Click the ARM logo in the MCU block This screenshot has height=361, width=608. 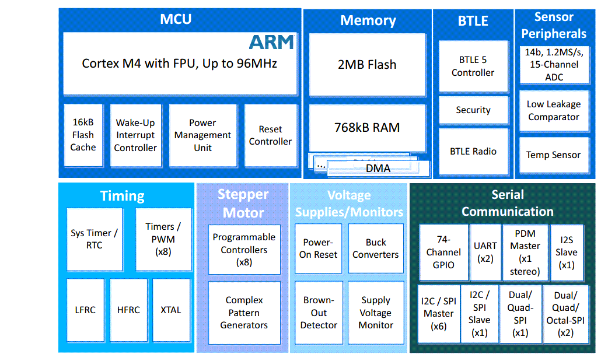(x=271, y=41)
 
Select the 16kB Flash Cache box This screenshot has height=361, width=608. (x=83, y=135)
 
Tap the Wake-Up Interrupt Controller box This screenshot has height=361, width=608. (x=135, y=135)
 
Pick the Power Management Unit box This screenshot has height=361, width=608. (x=202, y=135)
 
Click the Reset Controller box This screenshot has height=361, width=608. (x=270, y=135)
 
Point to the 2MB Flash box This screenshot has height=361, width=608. (x=367, y=64)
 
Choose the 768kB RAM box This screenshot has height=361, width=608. (x=367, y=127)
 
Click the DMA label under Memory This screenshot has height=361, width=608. (x=378, y=169)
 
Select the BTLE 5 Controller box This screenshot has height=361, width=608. (x=473, y=66)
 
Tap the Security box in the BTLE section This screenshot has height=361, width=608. (x=473, y=110)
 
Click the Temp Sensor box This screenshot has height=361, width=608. (x=553, y=155)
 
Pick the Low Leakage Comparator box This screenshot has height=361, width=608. (x=553, y=110)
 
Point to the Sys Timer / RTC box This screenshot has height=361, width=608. (x=94, y=239)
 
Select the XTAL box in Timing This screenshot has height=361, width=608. (x=171, y=310)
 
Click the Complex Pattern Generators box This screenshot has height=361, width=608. (x=244, y=313)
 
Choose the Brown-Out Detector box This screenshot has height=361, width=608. (x=319, y=313)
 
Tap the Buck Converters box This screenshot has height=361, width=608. (x=376, y=248)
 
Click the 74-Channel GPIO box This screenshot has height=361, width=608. (x=443, y=251)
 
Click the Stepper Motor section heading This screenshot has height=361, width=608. (x=243, y=204)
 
